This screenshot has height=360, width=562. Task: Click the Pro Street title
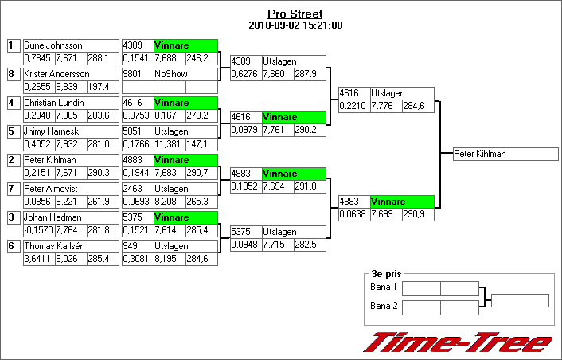tap(295, 14)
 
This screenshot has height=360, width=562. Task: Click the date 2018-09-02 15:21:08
tap(295, 25)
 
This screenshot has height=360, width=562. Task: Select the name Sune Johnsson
tap(53, 45)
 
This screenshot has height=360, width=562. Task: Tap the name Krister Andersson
tap(57, 74)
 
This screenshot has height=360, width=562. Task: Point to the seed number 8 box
tap(14, 74)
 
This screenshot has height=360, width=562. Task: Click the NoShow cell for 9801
tap(171, 74)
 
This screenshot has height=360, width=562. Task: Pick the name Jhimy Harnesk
tap(51, 131)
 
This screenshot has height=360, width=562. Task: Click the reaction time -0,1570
tap(38, 230)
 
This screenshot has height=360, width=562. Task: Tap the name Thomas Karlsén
tap(54, 246)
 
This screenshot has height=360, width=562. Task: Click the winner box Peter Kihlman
tap(505, 154)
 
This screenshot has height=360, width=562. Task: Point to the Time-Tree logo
tap(458, 342)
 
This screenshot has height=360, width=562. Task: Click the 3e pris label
tap(386, 274)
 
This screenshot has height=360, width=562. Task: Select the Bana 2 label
tap(384, 306)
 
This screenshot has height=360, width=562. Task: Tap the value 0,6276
tap(244, 74)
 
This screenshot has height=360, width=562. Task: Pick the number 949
tap(130, 246)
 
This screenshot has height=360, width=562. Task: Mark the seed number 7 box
tap(14, 189)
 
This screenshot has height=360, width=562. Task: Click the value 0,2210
tap(353, 106)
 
